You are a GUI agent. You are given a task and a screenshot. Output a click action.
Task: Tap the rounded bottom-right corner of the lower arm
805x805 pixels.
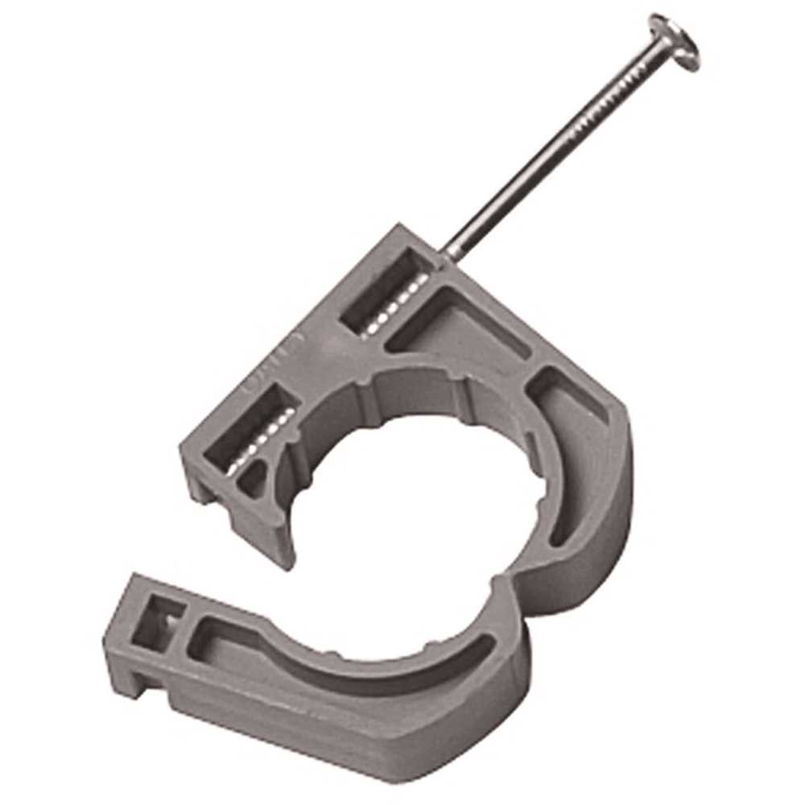tap(515, 708)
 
